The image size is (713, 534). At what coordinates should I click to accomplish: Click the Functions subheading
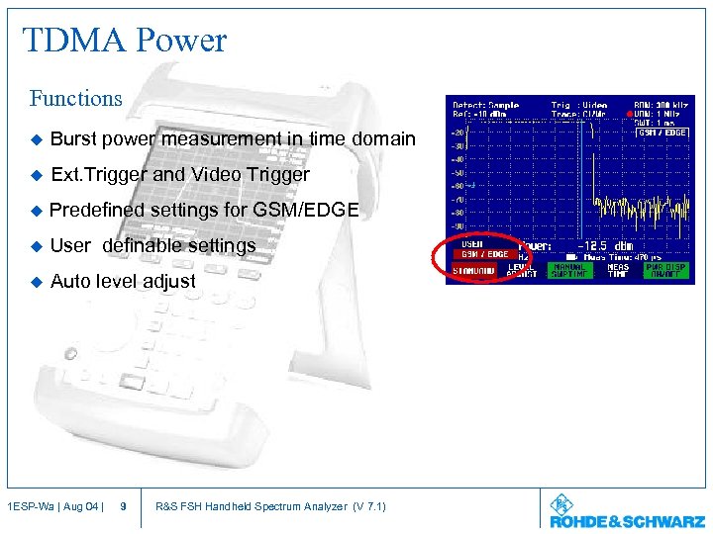click(76, 99)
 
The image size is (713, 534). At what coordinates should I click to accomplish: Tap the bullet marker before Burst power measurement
click(37, 139)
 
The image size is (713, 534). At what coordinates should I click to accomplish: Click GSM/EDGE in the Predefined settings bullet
click(309, 210)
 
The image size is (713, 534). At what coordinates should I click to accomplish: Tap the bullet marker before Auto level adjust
click(37, 281)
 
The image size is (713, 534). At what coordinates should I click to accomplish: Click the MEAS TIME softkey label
click(619, 271)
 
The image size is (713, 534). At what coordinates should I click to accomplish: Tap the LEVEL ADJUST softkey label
click(523, 271)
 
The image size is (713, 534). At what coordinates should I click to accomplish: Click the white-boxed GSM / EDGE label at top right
click(662, 132)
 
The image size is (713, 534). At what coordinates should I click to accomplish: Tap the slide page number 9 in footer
click(122, 507)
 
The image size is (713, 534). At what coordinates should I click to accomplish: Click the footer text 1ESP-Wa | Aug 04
click(52, 507)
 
